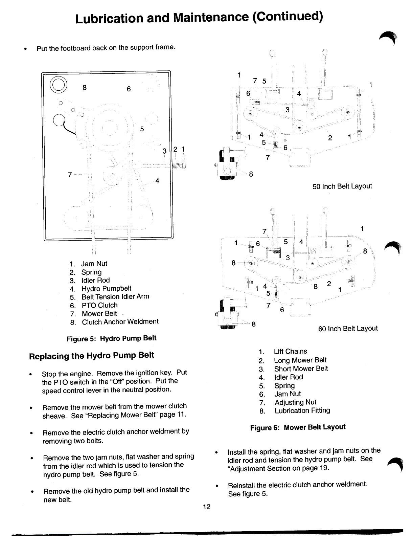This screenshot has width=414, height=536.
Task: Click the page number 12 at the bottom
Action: coord(206,506)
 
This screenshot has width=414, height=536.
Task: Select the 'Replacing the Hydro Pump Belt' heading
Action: coord(91,356)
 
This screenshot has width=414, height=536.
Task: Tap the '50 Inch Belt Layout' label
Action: coord(342,186)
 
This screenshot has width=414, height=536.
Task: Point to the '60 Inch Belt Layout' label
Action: coord(348,328)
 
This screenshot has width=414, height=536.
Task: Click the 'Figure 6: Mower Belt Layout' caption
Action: coord(298,427)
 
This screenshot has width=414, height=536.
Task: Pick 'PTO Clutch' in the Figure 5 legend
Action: coord(99,305)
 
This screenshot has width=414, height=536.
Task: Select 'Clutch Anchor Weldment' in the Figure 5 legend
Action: coord(120,322)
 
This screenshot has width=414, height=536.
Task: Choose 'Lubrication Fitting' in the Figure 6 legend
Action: coord(302,410)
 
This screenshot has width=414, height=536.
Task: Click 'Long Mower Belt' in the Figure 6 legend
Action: coord(300,360)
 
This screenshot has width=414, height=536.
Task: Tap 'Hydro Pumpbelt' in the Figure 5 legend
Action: coord(106,288)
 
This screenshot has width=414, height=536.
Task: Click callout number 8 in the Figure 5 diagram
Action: coord(85,88)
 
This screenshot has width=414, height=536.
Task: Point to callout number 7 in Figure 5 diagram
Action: coord(70,175)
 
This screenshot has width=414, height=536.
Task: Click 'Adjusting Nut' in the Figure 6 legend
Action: coord(295,402)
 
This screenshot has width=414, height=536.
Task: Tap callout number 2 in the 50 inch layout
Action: coord(330,138)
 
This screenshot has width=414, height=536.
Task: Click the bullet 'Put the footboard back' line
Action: coord(106,48)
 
